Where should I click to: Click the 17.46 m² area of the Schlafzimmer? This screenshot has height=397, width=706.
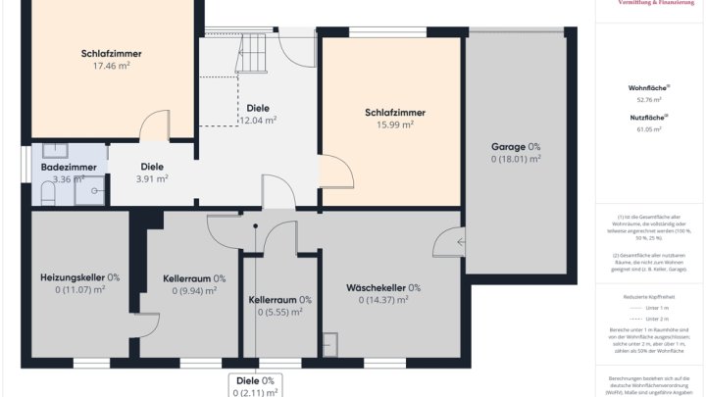click(x=112, y=66)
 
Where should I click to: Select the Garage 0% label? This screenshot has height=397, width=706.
click(x=516, y=146)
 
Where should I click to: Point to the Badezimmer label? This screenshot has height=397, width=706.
click(x=68, y=167)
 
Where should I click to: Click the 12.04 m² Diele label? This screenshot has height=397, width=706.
click(x=258, y=121)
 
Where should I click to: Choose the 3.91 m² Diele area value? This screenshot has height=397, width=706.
click(x=152, y=179)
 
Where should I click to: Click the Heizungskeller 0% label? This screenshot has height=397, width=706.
click(x=79, y=277)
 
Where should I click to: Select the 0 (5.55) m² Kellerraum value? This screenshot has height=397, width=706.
click(x=279, y=312)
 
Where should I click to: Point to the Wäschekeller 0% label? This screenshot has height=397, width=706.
click(x=383, y=288)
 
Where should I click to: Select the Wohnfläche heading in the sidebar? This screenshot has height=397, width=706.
click(x=648, y=87)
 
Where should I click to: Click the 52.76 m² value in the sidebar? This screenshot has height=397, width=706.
click(x=648, y=99)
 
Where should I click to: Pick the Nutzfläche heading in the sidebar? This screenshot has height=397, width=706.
click(x=648, y=117)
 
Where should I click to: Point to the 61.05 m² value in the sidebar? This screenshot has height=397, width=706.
click(x=648, y=128)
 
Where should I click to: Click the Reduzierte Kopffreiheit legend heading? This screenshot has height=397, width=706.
click(x=648, y=294)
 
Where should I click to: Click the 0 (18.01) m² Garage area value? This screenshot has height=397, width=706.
click(x=516, y=158)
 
